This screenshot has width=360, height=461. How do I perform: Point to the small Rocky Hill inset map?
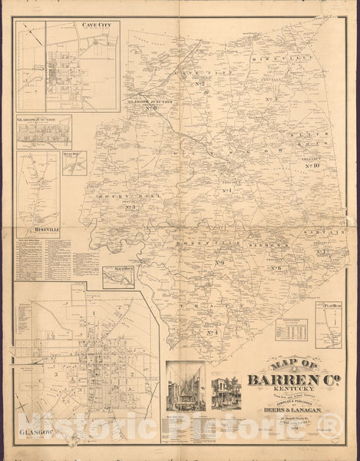point(76,162)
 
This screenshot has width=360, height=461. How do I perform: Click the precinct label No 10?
point(312,165)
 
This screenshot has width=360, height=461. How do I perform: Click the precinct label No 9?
point(220,263)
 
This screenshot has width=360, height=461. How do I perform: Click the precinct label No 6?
point(274,267)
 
